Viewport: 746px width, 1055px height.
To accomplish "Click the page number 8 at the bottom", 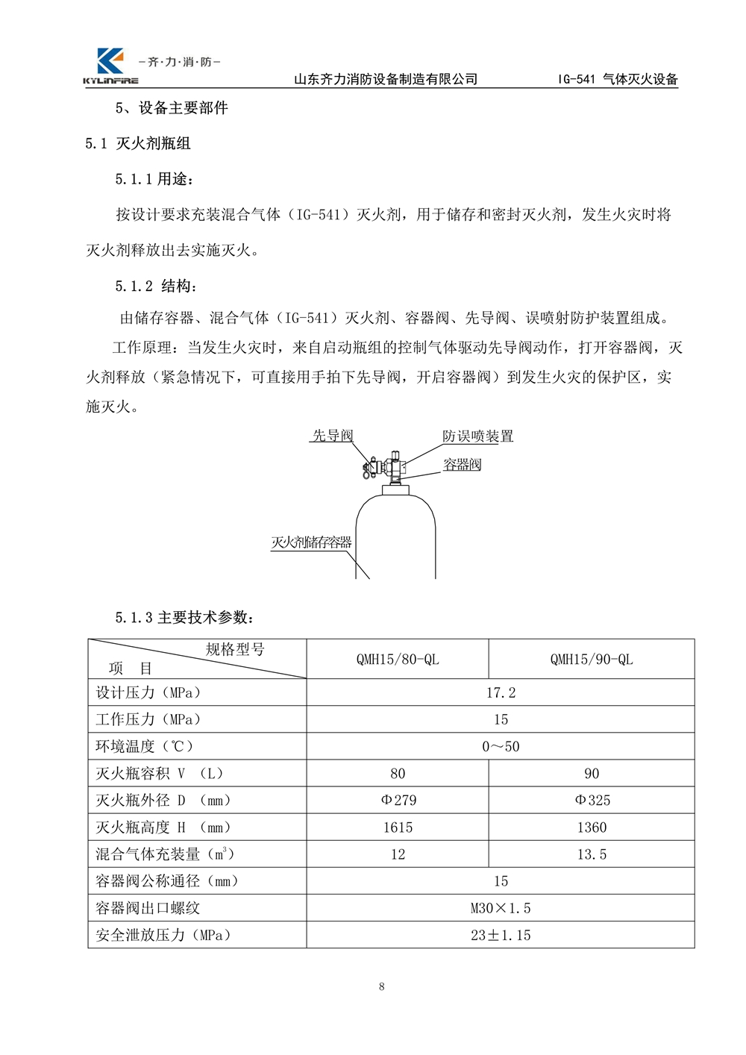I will click(382, 987).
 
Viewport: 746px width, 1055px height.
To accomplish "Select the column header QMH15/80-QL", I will click(398, 660).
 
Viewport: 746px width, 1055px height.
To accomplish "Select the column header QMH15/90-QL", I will click(592, 660).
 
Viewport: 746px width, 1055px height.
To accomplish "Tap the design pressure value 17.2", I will click(501, 693).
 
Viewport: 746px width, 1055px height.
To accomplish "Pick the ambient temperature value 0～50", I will click(501, 747).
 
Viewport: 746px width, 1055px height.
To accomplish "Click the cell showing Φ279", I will click(398, 801).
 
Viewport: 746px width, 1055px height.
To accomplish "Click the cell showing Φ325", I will click(592, 801).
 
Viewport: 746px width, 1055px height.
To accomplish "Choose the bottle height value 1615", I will click(398, 827).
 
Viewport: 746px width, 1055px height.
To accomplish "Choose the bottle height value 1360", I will click(592, 827).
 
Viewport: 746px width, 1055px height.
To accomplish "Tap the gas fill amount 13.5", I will click(592, 854).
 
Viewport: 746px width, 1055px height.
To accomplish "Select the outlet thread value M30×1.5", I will click(501, 908).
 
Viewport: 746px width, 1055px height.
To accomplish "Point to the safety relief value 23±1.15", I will click(501, 935).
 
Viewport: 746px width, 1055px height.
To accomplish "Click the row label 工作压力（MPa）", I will click(149, 720).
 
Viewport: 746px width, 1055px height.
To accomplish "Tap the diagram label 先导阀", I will click(332, 436).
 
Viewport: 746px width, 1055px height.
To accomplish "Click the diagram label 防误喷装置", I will click(477, 436).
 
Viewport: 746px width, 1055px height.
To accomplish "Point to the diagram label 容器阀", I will click(462, 464).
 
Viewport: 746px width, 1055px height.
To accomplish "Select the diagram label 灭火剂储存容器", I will click(311, 542).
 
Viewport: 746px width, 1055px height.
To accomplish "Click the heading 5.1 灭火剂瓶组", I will click(138, 143).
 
